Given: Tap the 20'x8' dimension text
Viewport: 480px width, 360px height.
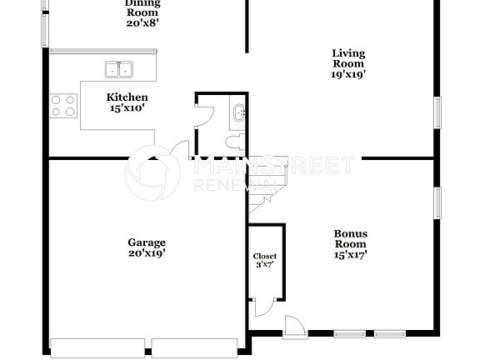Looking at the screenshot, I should tap(141, 23).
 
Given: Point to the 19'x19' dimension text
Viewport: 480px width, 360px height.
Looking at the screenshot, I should tap(348, 74).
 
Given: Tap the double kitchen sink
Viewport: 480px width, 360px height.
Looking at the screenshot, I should tap(122, 69).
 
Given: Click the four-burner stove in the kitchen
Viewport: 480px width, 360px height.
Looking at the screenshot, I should tap(63, 105).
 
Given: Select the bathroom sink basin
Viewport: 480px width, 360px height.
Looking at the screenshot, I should tap(239, 112).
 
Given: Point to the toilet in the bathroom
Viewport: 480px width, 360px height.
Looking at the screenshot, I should tap(237, 137).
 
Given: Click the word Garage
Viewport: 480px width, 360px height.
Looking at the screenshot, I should tap(146, 242).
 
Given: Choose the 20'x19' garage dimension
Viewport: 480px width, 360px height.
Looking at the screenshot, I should tap(146, 253).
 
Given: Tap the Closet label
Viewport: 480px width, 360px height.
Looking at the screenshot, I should tap(265, 256).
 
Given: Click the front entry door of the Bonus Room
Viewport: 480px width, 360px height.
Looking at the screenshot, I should tap(295, 327).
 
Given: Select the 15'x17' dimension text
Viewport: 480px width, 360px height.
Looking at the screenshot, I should tap(350, 256).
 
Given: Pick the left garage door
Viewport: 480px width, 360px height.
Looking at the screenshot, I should tap(99, 347).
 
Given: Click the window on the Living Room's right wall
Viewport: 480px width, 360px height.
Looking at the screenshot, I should tap(437, 113).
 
